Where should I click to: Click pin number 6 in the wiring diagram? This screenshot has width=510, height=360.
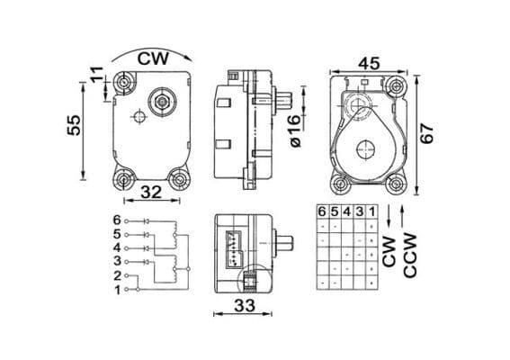[116, 220]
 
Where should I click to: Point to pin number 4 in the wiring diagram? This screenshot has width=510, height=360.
[116, 247]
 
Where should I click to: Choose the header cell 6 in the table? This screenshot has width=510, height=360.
[322, 211]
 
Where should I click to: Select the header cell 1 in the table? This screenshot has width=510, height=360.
[371, 211]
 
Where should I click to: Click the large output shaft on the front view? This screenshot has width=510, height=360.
[163, 102]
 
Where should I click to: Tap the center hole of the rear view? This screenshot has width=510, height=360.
[368, 149]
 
